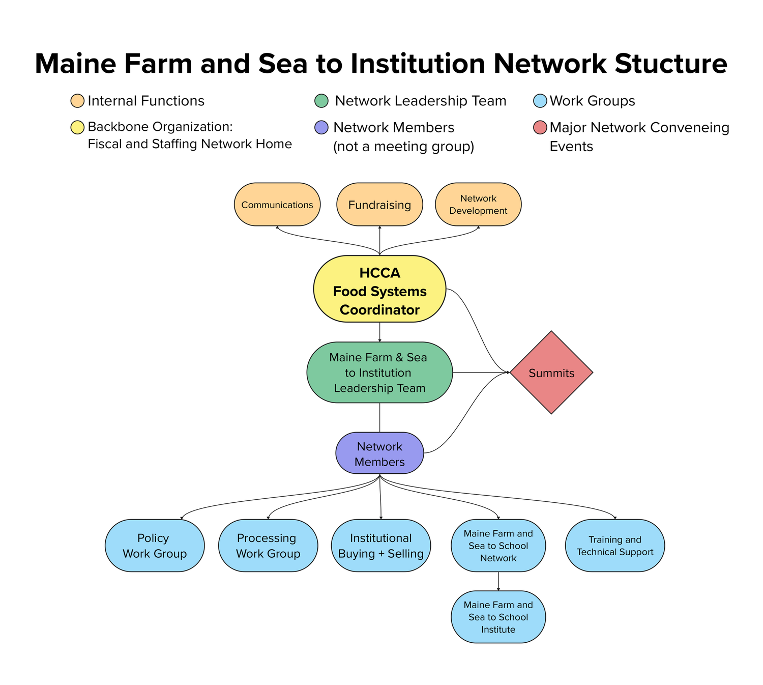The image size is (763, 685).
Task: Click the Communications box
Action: pyautogui.click(x=277, y=205)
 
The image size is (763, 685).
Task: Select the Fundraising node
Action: pyautogui.click(x=379, y=205)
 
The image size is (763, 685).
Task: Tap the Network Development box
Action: pyautogui.click(x=478, y=205)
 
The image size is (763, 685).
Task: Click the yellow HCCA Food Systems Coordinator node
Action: pyautogui.click(x=379, y=289)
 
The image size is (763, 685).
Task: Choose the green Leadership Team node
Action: pyautogui.click(x=379, y=373)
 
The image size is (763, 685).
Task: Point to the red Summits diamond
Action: pyautogui.click(x=551, y=373)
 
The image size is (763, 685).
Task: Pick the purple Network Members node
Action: pyautogui.click(x=379, y=453)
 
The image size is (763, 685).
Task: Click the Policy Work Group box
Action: pyautogui.click(x=155, y=546)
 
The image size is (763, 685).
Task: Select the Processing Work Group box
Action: pyautogui.click(x=268, y=546)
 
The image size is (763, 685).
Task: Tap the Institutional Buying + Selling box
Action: pyautogui.click(x=380, y=546)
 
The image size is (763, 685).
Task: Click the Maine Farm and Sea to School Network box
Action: pyautogui.click(x=498, y=546)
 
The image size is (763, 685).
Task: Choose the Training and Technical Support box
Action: pyautogui.click(x=614, y=546)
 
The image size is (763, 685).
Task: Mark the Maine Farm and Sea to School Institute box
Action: pyautogui.click(x=498, y=617)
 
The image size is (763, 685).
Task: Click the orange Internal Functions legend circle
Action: pyautogui.click(x=77, y=101)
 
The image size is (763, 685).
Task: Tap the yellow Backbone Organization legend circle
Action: pyautogui.click(x=77, y=127)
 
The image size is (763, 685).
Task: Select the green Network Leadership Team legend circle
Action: pyautogui.click(x=321, y=101)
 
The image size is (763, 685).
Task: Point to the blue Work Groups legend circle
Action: pyautogui.click(x=540, y=101)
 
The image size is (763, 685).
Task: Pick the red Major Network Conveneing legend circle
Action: pyautogui.click(x=540, y=127)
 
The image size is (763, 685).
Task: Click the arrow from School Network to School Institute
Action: pyautogui.click(x=498, y=581)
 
